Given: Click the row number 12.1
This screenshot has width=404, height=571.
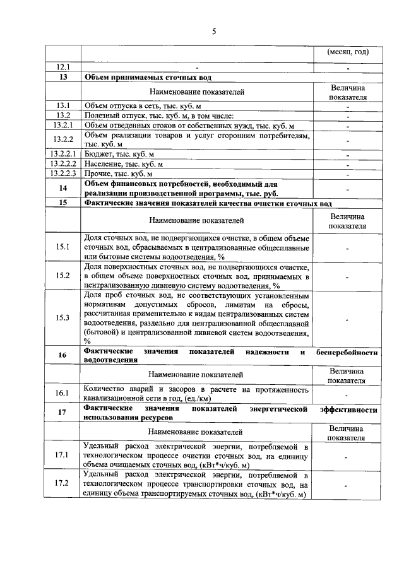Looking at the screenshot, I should pyautogui.click(x=63, y=67).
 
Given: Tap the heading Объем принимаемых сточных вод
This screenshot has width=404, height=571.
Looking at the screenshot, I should pyautogui.click(x=152, y=77).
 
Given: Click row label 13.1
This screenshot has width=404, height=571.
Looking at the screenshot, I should pyautogui.click(x=63, y=105).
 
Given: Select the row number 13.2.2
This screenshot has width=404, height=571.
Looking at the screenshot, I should pyautogui.click(x=63, y=139).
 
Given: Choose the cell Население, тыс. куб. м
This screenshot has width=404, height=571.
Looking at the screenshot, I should pyautogui.click(x=123, y=164).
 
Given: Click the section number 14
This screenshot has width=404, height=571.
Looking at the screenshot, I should pyautogui.click(x=63, y=188).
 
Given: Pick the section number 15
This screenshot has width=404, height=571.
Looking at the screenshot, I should pyautogui.click(x=63, y=203).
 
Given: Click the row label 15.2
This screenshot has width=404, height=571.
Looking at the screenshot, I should pyautogui.click(x=63, y=276).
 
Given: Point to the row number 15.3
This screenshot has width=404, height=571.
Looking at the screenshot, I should pyautogui.click(x=63, y=317).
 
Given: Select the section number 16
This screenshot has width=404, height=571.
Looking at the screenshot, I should pyautogui.click(x=63, y=355).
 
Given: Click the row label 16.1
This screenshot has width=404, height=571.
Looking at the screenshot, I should pyautogui.click(x=63, y=393).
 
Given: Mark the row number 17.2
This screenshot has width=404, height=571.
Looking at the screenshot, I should pyautogui.click(x=63, y=484).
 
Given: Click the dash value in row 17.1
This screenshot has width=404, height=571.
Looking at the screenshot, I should pyautogui.click(x=347, y=455).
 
